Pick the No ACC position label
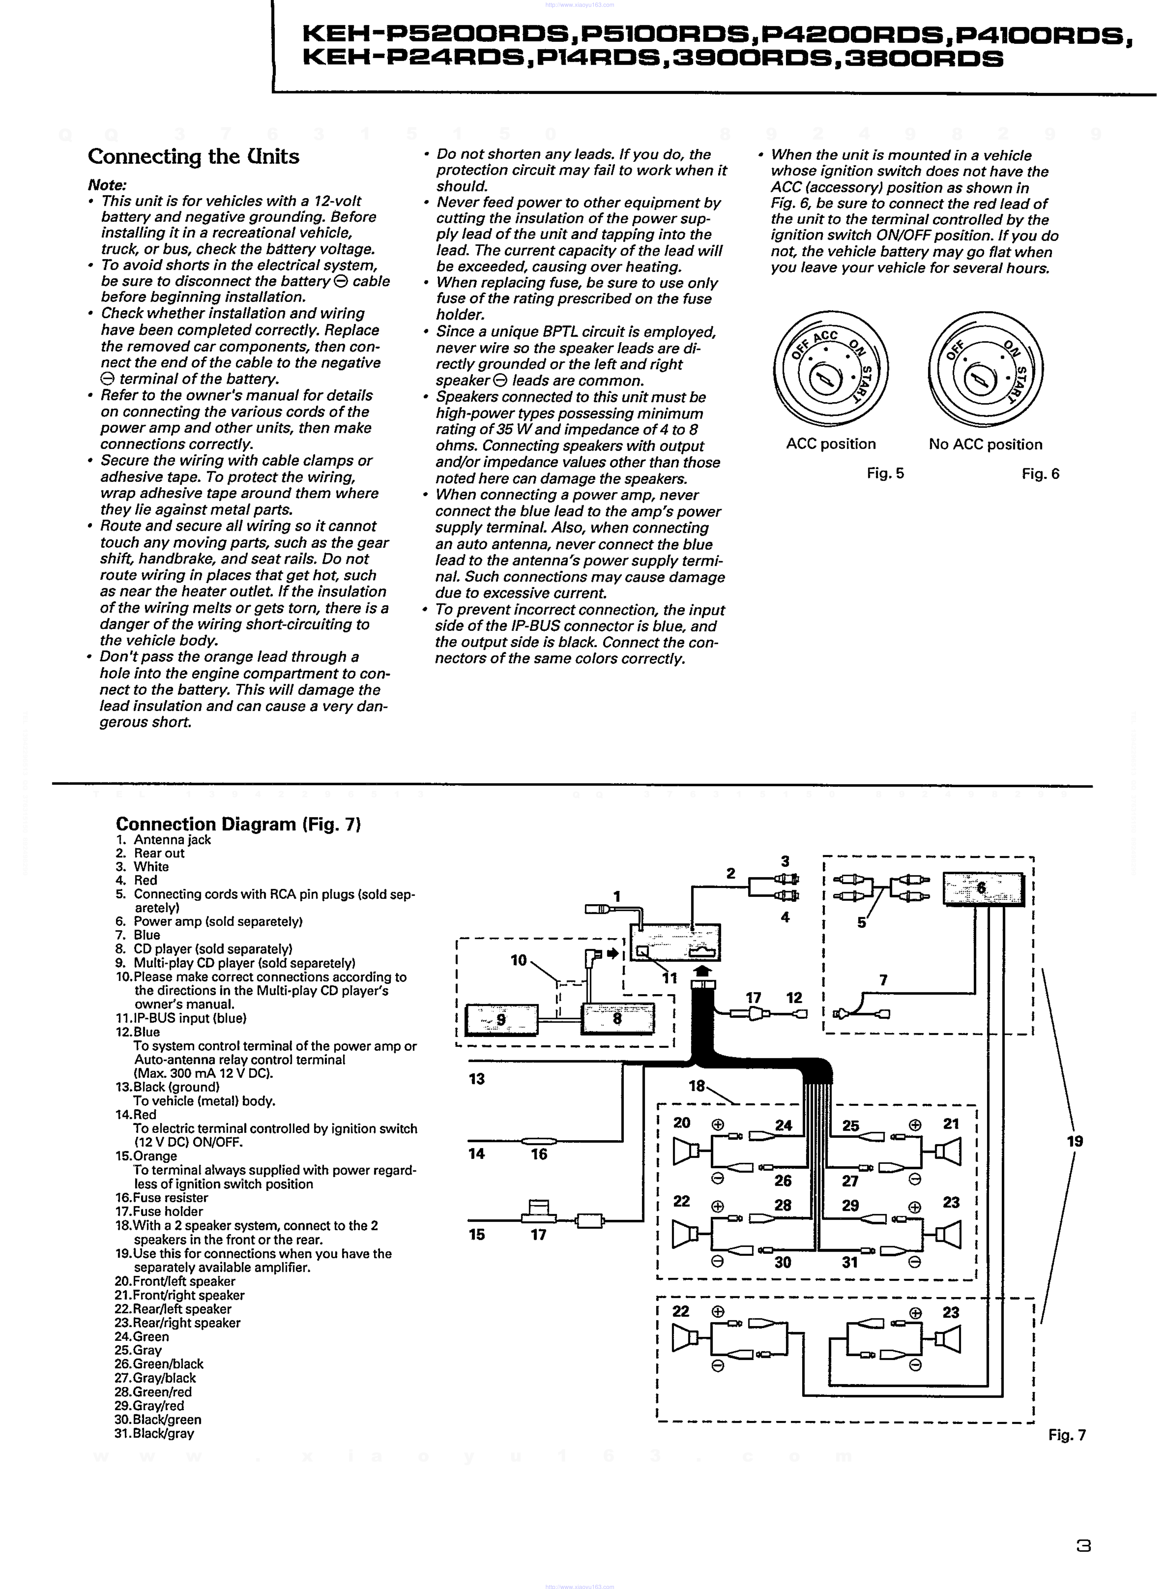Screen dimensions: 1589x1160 985,444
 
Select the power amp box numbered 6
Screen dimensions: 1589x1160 982,889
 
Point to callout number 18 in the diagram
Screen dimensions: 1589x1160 696,1086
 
